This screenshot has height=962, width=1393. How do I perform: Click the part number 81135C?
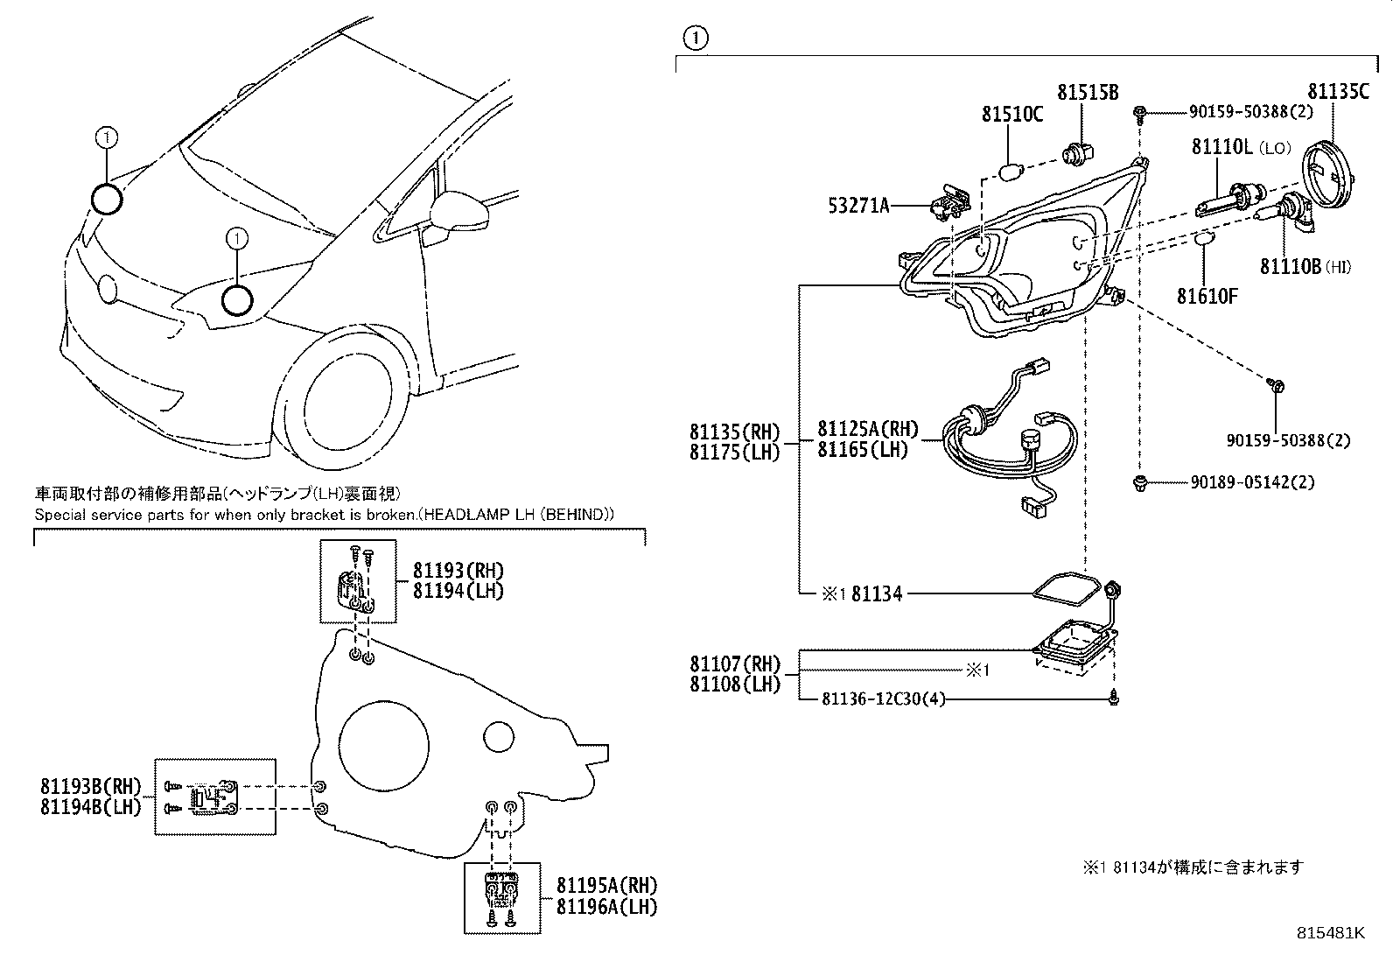coord(1338,92)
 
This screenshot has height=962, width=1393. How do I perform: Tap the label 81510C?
coord(1011,114)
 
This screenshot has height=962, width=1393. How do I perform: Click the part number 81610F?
coord(1207,296)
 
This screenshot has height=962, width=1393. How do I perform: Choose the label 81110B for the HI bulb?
coord(1290,266)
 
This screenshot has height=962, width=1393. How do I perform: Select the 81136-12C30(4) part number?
coord(884,699)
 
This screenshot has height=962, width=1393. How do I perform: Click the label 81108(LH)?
coord(734,684)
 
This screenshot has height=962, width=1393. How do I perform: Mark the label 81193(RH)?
coord(458,571)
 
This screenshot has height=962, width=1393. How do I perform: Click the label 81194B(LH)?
coord(90,807)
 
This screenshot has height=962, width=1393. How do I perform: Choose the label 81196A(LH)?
coord(606,907)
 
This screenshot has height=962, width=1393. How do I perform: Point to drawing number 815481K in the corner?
coord(1330,933)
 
